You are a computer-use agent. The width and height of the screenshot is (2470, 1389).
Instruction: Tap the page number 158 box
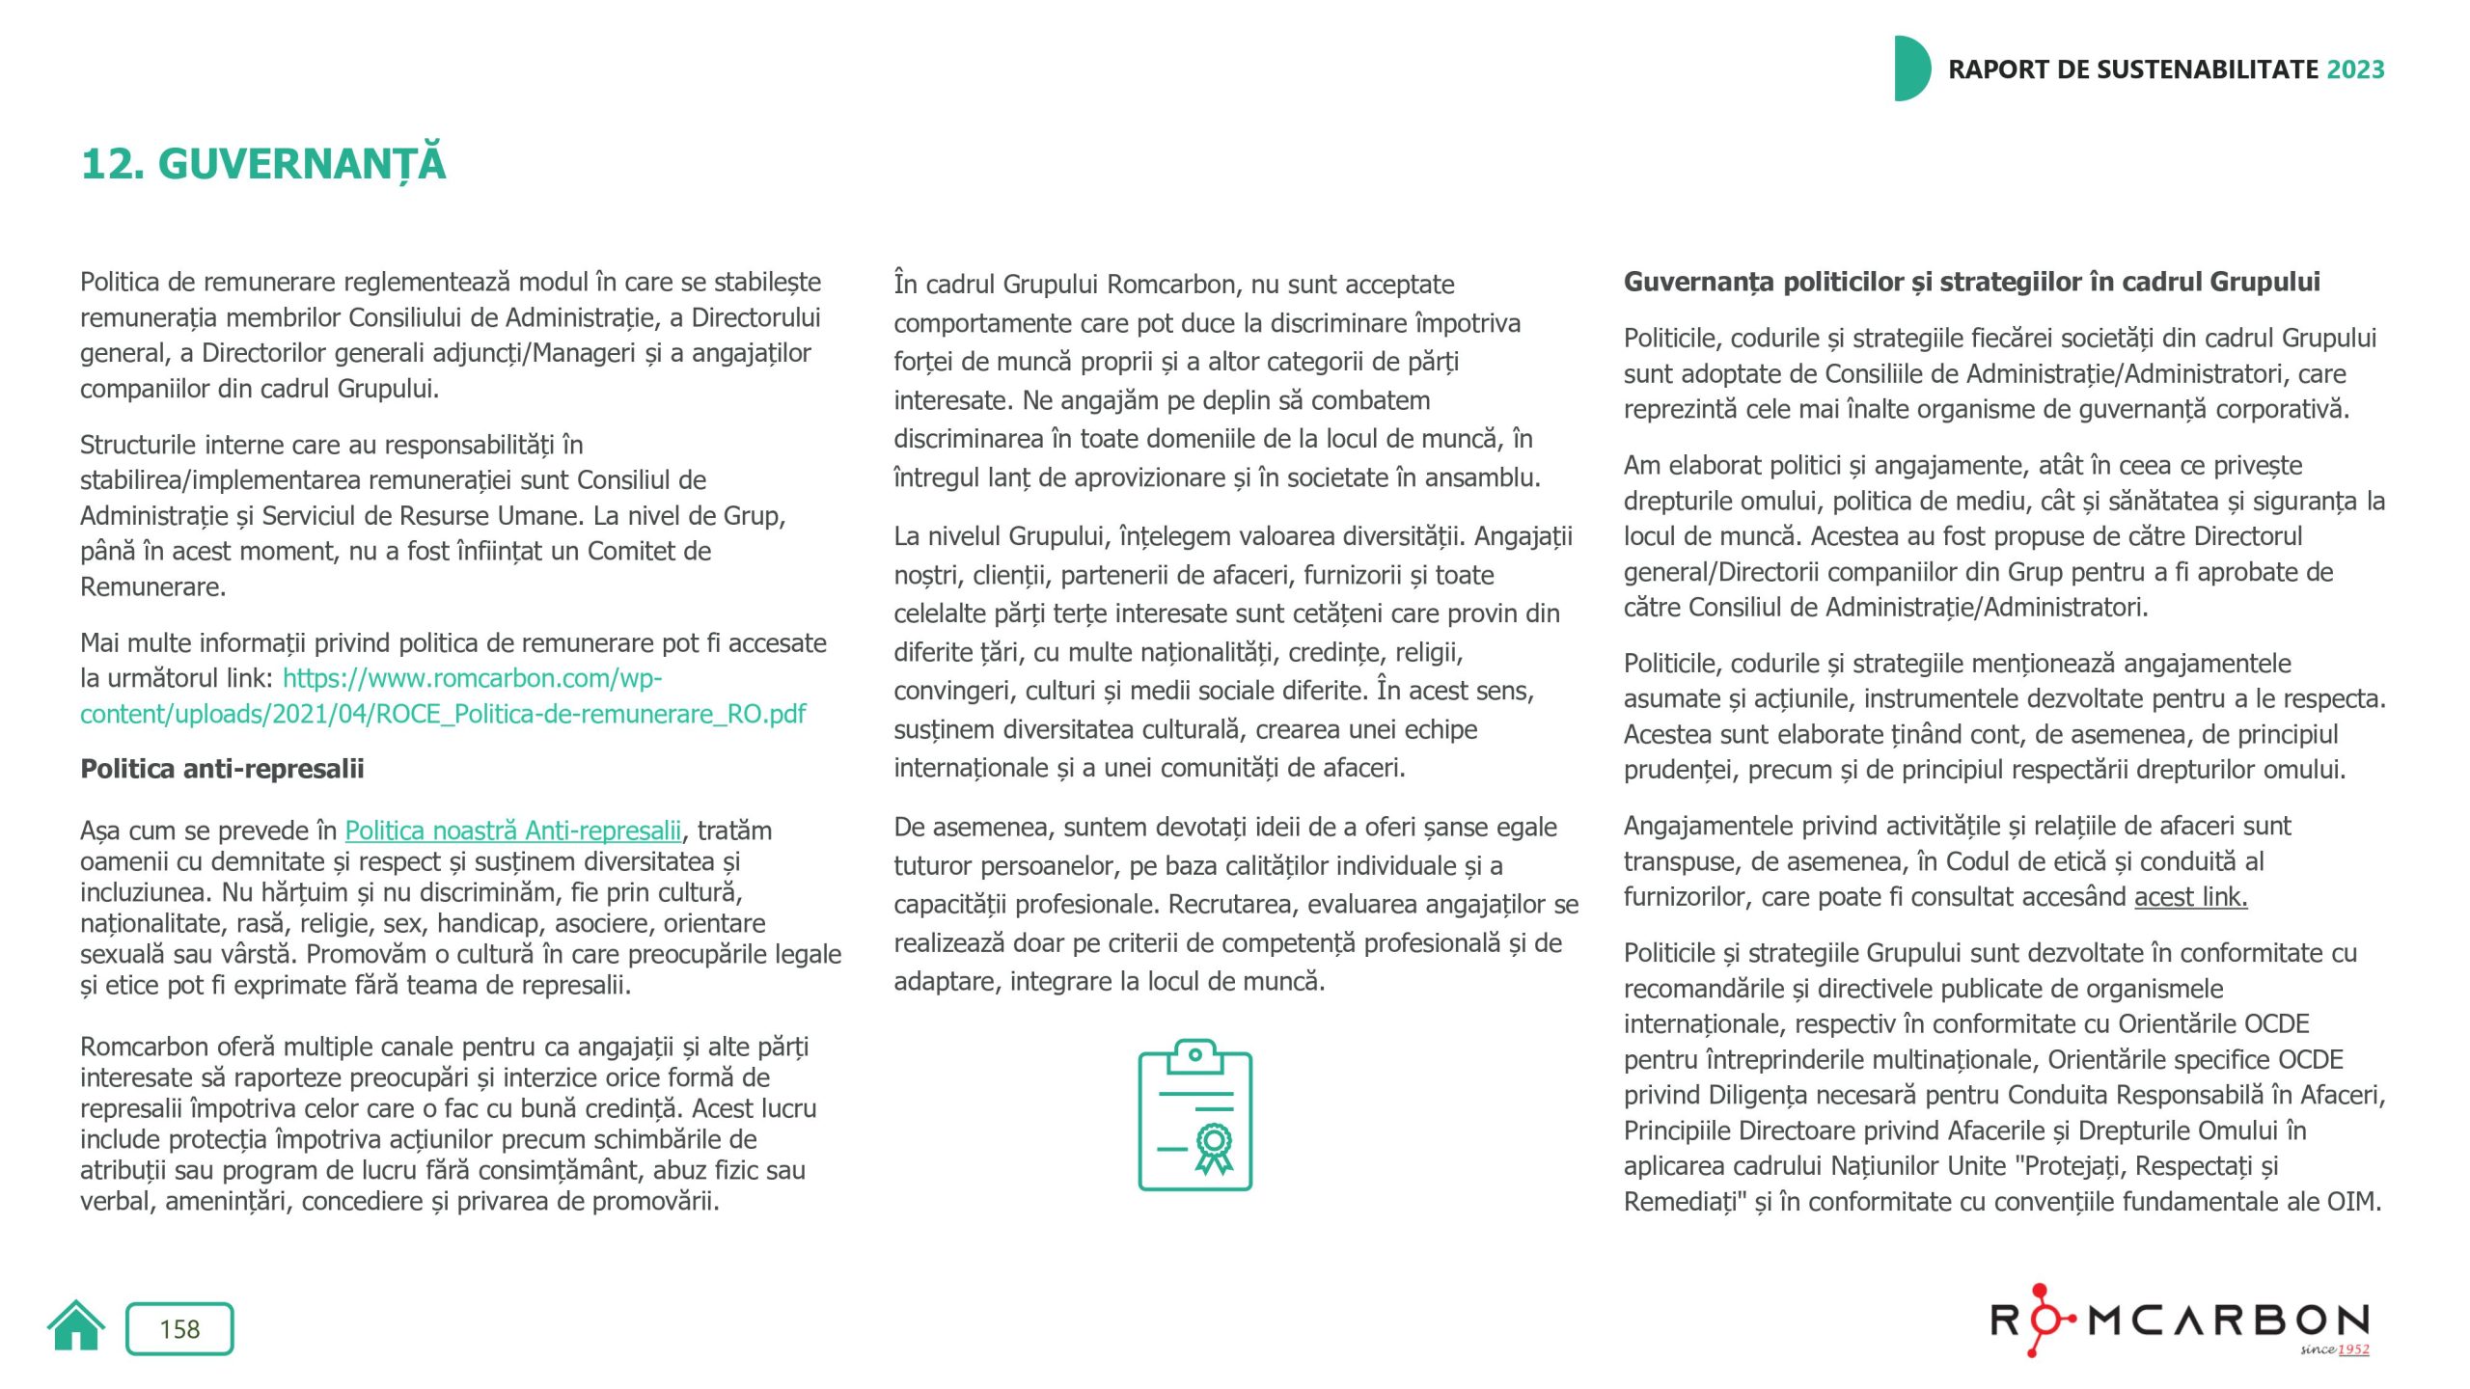(x=179, y=1329)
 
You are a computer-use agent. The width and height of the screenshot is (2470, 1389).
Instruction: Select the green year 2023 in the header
(x=2355, y=69)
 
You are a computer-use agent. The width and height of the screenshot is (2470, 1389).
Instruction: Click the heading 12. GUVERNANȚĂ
(x=263, y=164)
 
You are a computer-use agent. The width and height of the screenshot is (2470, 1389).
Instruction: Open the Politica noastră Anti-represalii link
(x=512, y=831)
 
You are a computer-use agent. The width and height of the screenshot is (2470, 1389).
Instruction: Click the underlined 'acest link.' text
(x=2190, y=897)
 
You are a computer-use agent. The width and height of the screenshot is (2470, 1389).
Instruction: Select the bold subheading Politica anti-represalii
(x=222, y=769)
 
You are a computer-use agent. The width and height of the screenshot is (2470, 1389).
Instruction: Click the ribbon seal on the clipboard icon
(x=1214, y=1146)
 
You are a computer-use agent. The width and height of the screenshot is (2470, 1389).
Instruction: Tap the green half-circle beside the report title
(x=1911, y=68)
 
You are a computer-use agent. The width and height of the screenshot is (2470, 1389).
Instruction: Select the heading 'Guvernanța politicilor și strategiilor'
(x=1971, y=282)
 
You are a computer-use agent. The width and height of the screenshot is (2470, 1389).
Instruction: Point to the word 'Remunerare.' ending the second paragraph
(x=152, y=586)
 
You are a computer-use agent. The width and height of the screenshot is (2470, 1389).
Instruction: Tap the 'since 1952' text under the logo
(x=2334, y=1349)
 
